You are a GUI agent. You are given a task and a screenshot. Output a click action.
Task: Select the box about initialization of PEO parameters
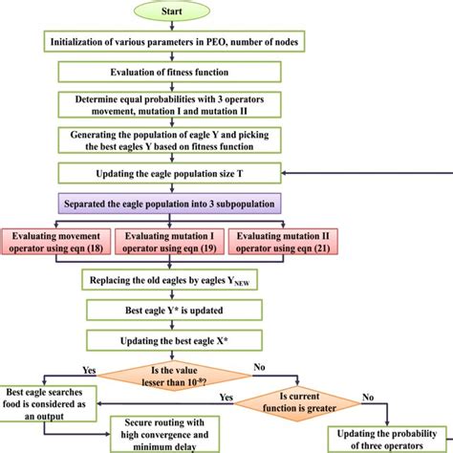[x=181, y=41]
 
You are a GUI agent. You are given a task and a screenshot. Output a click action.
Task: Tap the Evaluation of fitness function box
[x=181, y=70]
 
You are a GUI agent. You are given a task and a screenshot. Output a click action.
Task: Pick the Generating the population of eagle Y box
[x=181, y=139]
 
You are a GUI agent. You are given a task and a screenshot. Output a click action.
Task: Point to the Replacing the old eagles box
[x=181, y=281]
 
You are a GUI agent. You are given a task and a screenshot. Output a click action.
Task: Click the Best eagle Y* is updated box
[x=181, y=310]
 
